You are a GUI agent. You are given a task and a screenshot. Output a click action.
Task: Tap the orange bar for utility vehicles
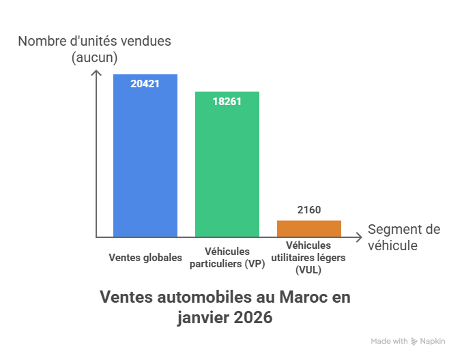[308, 228]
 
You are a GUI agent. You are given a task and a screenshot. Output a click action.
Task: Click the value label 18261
[227, 101]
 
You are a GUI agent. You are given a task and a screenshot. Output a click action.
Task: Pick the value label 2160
[308, 210]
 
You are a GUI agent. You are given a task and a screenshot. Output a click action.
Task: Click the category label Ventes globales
[145, 258]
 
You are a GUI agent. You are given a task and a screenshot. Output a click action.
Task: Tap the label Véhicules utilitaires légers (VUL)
[308, 258]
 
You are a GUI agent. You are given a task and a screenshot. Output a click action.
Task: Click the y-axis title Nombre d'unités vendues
[94, 41]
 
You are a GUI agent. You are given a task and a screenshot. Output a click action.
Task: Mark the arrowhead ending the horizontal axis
[359, 237]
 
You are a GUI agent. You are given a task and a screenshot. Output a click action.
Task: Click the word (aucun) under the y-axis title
[94, 57]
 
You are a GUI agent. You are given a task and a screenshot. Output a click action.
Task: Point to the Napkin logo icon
[414, 341]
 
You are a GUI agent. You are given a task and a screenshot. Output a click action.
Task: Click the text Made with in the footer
[389, 341]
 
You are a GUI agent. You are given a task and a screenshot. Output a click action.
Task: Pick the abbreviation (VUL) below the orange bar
[308, 270]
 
